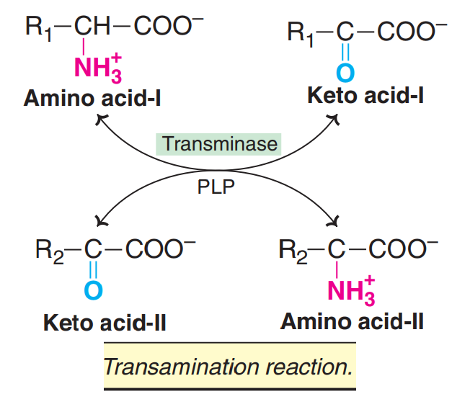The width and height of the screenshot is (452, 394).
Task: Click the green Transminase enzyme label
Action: point(220,143)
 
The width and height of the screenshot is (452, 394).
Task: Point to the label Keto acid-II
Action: point(105,321)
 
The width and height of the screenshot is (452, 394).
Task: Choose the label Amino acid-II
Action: point(352,320)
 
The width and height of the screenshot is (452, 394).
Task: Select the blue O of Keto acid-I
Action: point(346,71)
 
